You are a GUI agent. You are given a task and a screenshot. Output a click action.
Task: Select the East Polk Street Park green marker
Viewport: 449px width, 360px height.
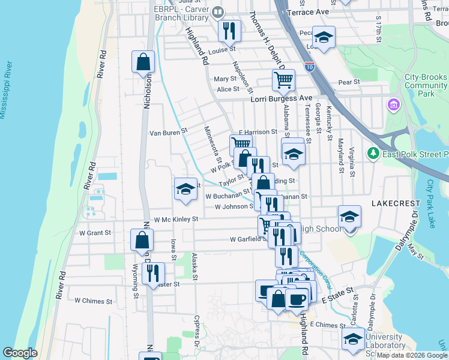[372, 154]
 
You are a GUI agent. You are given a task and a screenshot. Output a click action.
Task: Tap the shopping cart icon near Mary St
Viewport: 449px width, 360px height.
[283, 79]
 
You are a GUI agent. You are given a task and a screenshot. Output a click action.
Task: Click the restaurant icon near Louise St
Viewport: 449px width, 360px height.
[229, 31]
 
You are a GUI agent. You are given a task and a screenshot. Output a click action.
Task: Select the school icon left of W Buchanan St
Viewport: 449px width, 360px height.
[185, 189]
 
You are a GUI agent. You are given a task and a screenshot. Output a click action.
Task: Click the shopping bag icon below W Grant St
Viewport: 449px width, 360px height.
[142, 240]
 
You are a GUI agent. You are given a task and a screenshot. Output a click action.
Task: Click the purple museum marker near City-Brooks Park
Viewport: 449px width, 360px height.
[394, 106]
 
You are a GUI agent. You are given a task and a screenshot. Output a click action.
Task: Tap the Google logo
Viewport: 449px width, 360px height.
[20, 353]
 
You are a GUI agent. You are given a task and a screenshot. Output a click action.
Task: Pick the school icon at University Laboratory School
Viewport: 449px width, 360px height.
[353, 338]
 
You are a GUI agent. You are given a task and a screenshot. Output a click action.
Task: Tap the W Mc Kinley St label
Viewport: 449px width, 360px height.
[176, 220]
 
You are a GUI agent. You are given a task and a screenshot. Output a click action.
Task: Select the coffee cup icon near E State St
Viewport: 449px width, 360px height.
[297, 298]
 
